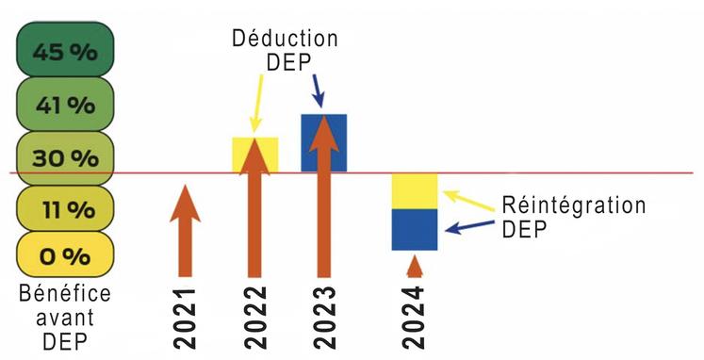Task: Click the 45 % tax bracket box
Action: coord(65,52)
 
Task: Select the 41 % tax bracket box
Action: coord(65,105)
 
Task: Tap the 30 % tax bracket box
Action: coord(65,157)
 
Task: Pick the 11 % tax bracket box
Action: coord(65,208)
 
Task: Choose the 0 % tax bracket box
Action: coord(65,255)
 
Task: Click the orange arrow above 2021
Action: coord(186,231)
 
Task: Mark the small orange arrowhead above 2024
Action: coord(415,265)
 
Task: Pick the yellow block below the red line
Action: coord(415,191)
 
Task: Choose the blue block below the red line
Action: coord(415,230)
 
